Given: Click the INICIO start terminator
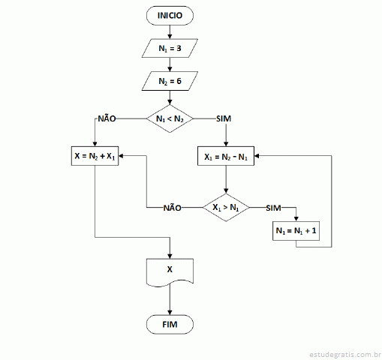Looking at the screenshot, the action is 170,16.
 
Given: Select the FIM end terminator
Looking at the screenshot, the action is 170,324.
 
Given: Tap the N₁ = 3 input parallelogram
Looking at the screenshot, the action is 170,48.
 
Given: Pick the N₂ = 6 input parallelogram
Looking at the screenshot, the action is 170,81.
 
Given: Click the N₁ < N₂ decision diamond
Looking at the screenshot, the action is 170,118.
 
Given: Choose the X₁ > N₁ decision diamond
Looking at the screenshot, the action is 226,208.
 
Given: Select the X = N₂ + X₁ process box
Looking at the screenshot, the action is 95,156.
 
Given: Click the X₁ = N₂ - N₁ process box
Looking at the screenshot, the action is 226,156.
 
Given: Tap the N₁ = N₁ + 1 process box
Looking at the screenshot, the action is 296,231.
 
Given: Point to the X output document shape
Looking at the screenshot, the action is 170,271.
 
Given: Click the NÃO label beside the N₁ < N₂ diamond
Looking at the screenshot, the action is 107,118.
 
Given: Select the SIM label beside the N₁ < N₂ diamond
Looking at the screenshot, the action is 224,118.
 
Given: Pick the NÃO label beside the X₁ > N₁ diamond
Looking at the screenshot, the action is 173,208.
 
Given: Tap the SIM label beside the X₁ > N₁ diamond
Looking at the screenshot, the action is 273,208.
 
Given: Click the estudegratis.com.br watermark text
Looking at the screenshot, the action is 345,355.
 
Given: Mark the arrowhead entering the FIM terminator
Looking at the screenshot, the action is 170,313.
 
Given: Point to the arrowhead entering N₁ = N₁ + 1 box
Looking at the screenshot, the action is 296,219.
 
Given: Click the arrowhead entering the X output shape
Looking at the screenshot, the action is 170,256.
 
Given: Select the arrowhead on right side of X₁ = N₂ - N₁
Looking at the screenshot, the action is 257,156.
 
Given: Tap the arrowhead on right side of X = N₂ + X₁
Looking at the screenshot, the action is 121,156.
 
